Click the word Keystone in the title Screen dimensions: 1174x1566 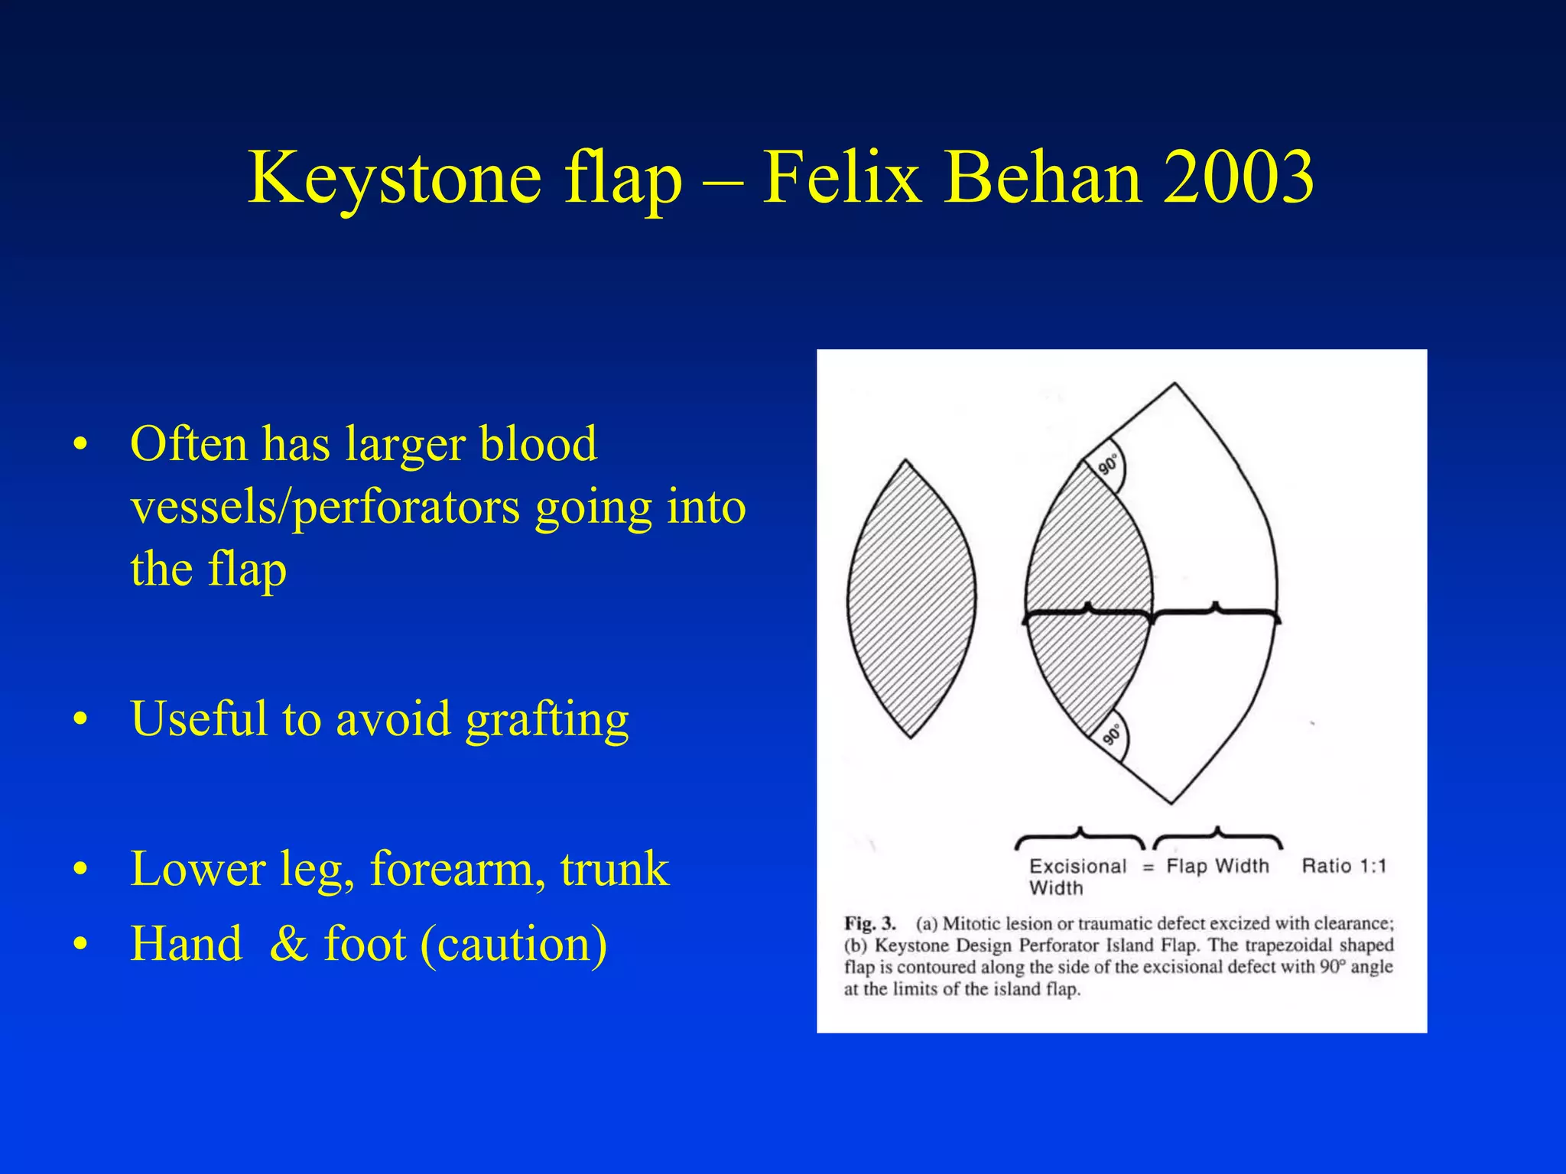pyautogui.click(x=395, y=178)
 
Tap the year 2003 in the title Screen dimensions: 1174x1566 pyautogui.click(x=1238, y=178)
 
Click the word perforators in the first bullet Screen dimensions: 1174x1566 pyautogui.click(x=406, y=508)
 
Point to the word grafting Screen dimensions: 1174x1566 pyautogui.click(x=547, y=720)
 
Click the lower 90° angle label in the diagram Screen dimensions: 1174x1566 pyautogui.click(x=1112, y=735)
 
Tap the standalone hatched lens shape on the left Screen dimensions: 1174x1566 pyautogui.click(x=911, y=600)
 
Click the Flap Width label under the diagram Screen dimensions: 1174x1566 pyautogui.click(x=1217, y=866)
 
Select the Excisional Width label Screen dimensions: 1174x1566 pyautogui.click(x=1077, y=876)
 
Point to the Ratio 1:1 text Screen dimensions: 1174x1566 pyautogui.click(x=1343, y=866)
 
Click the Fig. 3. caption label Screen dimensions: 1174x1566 pyautogui.click(x=869, y=923)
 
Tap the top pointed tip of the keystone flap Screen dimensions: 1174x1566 pyautogui.click(x=1174, y=384)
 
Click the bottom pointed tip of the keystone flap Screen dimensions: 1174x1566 pyautogui.click(x=1171, y=803)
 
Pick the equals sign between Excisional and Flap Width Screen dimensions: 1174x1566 pyautogui.click(x=1147, y=868)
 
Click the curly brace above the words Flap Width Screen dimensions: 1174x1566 pyautogui.click(x=1217, y=838)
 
